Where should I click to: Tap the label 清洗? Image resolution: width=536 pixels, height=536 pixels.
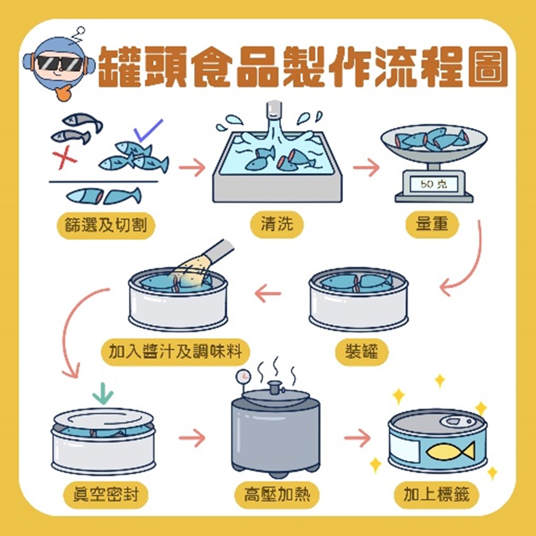click(277, 225)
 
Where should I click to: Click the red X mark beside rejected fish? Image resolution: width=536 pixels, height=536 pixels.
click(64, 158)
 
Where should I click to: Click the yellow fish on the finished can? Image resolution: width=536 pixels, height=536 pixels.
click(450, 450)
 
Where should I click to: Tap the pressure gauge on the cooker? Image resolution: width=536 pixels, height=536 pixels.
click(243, 376)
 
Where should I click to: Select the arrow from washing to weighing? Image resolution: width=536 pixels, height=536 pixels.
click(366, 167)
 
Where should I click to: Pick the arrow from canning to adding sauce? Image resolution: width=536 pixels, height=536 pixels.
click(268, 293)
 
